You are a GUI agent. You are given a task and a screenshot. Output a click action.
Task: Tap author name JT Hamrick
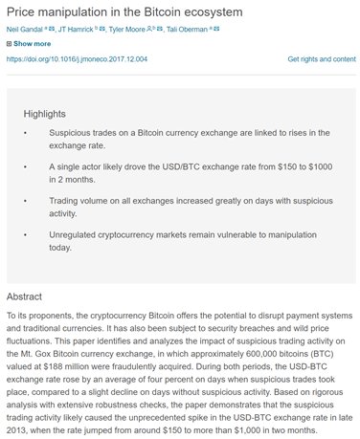79,30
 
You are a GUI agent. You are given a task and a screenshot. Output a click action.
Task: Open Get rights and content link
321,58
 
